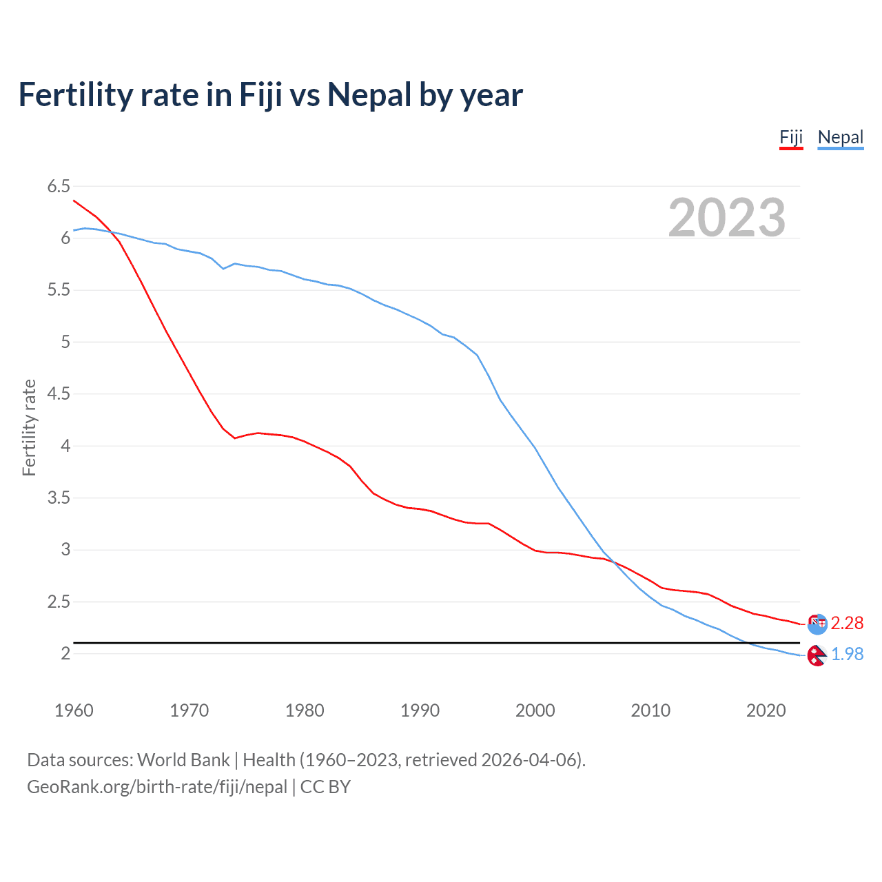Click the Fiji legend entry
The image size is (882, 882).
click(791, 137)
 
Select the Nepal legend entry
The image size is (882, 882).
click(840, 137)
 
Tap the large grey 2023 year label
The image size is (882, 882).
click(726, 218)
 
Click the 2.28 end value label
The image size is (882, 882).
click(847, 623)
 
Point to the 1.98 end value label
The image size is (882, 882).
click(847, 654)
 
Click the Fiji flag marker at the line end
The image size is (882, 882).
click(817, 624)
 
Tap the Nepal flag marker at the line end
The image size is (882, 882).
click(817, 655)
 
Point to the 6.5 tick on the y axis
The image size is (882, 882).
click(59, 186)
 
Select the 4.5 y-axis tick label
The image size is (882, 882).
click(59, 394)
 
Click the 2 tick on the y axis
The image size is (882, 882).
click(65, 653)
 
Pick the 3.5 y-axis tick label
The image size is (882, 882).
click(59, 498)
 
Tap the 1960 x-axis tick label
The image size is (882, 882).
click(74, 710)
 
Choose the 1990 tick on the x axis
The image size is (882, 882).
click(420, 710)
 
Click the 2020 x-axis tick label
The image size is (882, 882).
click(766, 710)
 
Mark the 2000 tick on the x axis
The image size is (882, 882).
click(535, 710)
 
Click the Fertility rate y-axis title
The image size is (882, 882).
click(29, 427)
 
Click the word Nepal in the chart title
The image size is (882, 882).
click(369, 95)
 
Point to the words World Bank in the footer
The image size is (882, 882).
click(183, 760)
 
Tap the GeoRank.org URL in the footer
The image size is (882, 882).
click(157, 787)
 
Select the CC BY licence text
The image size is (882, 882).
click(325, 787)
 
